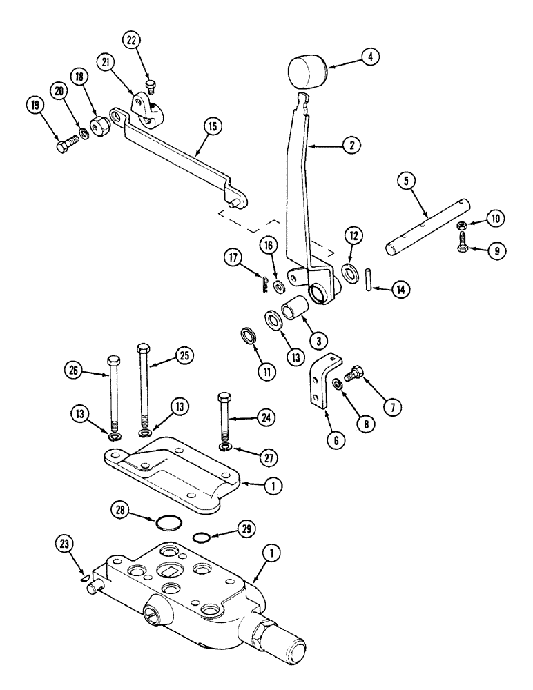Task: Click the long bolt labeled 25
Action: [x=144, y=386]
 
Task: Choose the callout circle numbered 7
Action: [x=391, y=407]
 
